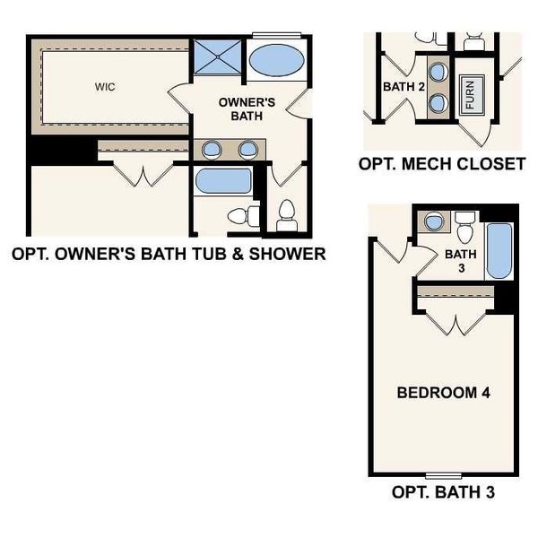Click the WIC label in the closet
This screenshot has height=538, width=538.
(105, 87)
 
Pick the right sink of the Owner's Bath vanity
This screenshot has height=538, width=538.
(247, 150)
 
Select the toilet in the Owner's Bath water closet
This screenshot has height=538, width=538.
(287, 215)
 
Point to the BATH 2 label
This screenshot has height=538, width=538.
(403, 87)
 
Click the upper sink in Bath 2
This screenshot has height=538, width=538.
(438, 71)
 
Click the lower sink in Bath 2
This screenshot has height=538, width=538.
(438, 101)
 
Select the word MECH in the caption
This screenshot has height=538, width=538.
(422, 164)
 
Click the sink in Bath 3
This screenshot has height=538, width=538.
(433, 221)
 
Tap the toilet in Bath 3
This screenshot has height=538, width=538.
(464, 230)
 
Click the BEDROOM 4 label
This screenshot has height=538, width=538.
(442, 393)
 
